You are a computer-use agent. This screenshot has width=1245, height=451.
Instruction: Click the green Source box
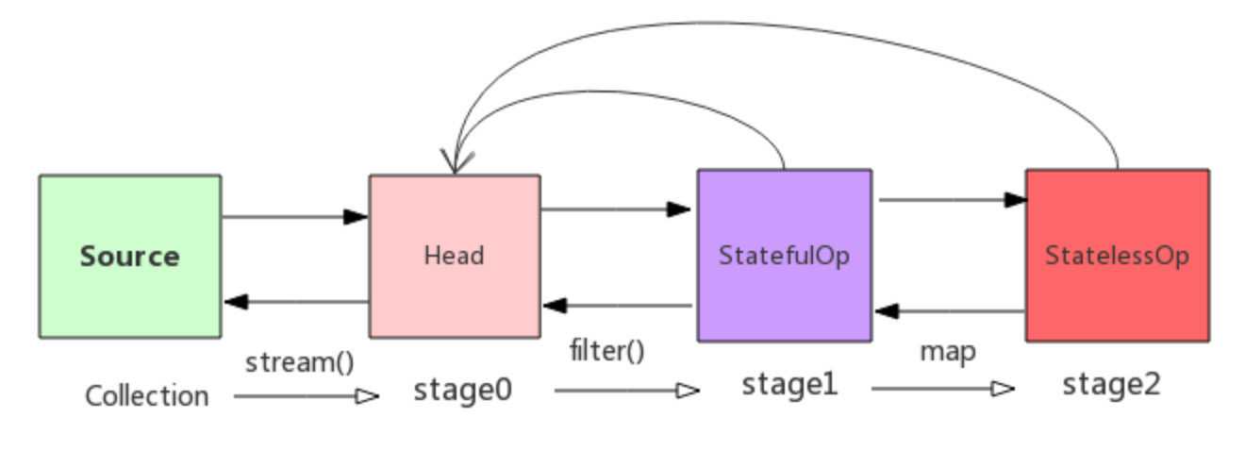pyautogui.click(x=130, y=256)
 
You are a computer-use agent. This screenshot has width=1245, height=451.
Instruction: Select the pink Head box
pyautogui.click(x=454, y=256)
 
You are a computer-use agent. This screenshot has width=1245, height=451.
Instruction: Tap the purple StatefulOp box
pyautogui.click(x=784, y=256)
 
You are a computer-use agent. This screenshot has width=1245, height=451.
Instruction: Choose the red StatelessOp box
pyautogui.click(x=1117, y=256)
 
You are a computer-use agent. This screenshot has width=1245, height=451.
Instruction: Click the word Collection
pyautogui.click(x=147, y=396)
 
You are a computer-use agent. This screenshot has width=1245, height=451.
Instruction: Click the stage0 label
pyautogui.click(x=463, y=390)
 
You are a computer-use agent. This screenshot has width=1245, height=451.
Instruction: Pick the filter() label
pyautogui.click(x=607, y=351)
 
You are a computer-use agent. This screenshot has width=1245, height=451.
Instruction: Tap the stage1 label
pyautogui.click(x=789, y=384)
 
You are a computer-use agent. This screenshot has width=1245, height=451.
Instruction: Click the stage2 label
pyautogui.click(x=1112, y=384)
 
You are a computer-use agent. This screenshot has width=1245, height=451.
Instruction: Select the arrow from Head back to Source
pyautogui.click(x=296, y=302)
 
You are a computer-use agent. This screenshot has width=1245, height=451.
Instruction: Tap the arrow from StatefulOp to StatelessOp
pyautogui.click(x=952, y=200)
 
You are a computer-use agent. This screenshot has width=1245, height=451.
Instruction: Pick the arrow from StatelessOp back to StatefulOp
pyautogui.click(x=950, y=310)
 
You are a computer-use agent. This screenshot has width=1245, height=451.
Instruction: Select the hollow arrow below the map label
pyautogui.click(x=943, y=388)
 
